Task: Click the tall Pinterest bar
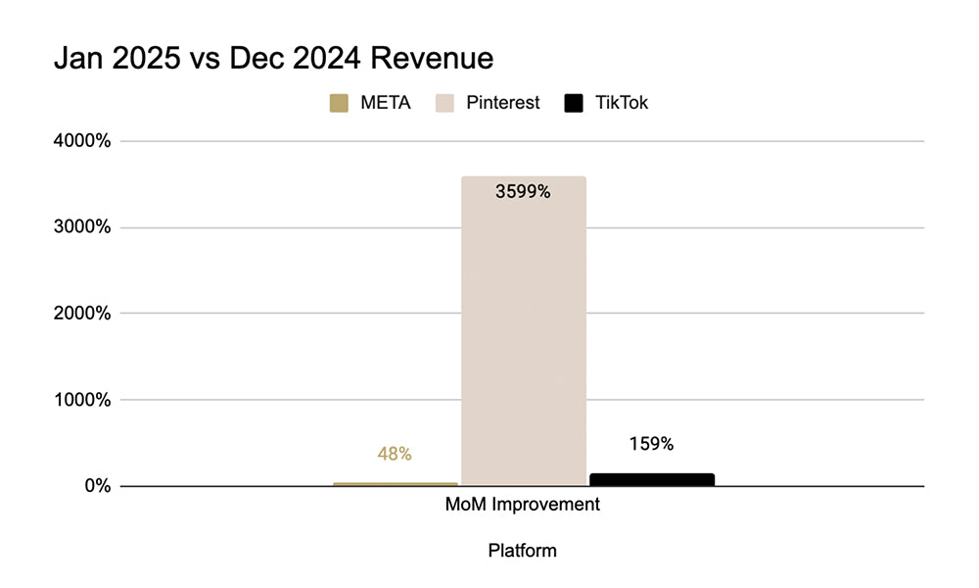click(x=523, y=333)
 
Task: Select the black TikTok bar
click(x=652, y=479)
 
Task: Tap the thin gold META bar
click(x=395, y=483)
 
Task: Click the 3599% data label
click(x=523, y=192)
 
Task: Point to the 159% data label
click(x=652, y=444)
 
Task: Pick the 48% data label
click(x=395, y=455)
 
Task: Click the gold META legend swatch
click(x=340, y=103)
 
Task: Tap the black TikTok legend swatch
click(x=575, y=103)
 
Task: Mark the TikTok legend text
click(x=622, y=103)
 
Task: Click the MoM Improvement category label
click(x=523, y=506)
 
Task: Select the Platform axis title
click(x=523, y=551)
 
